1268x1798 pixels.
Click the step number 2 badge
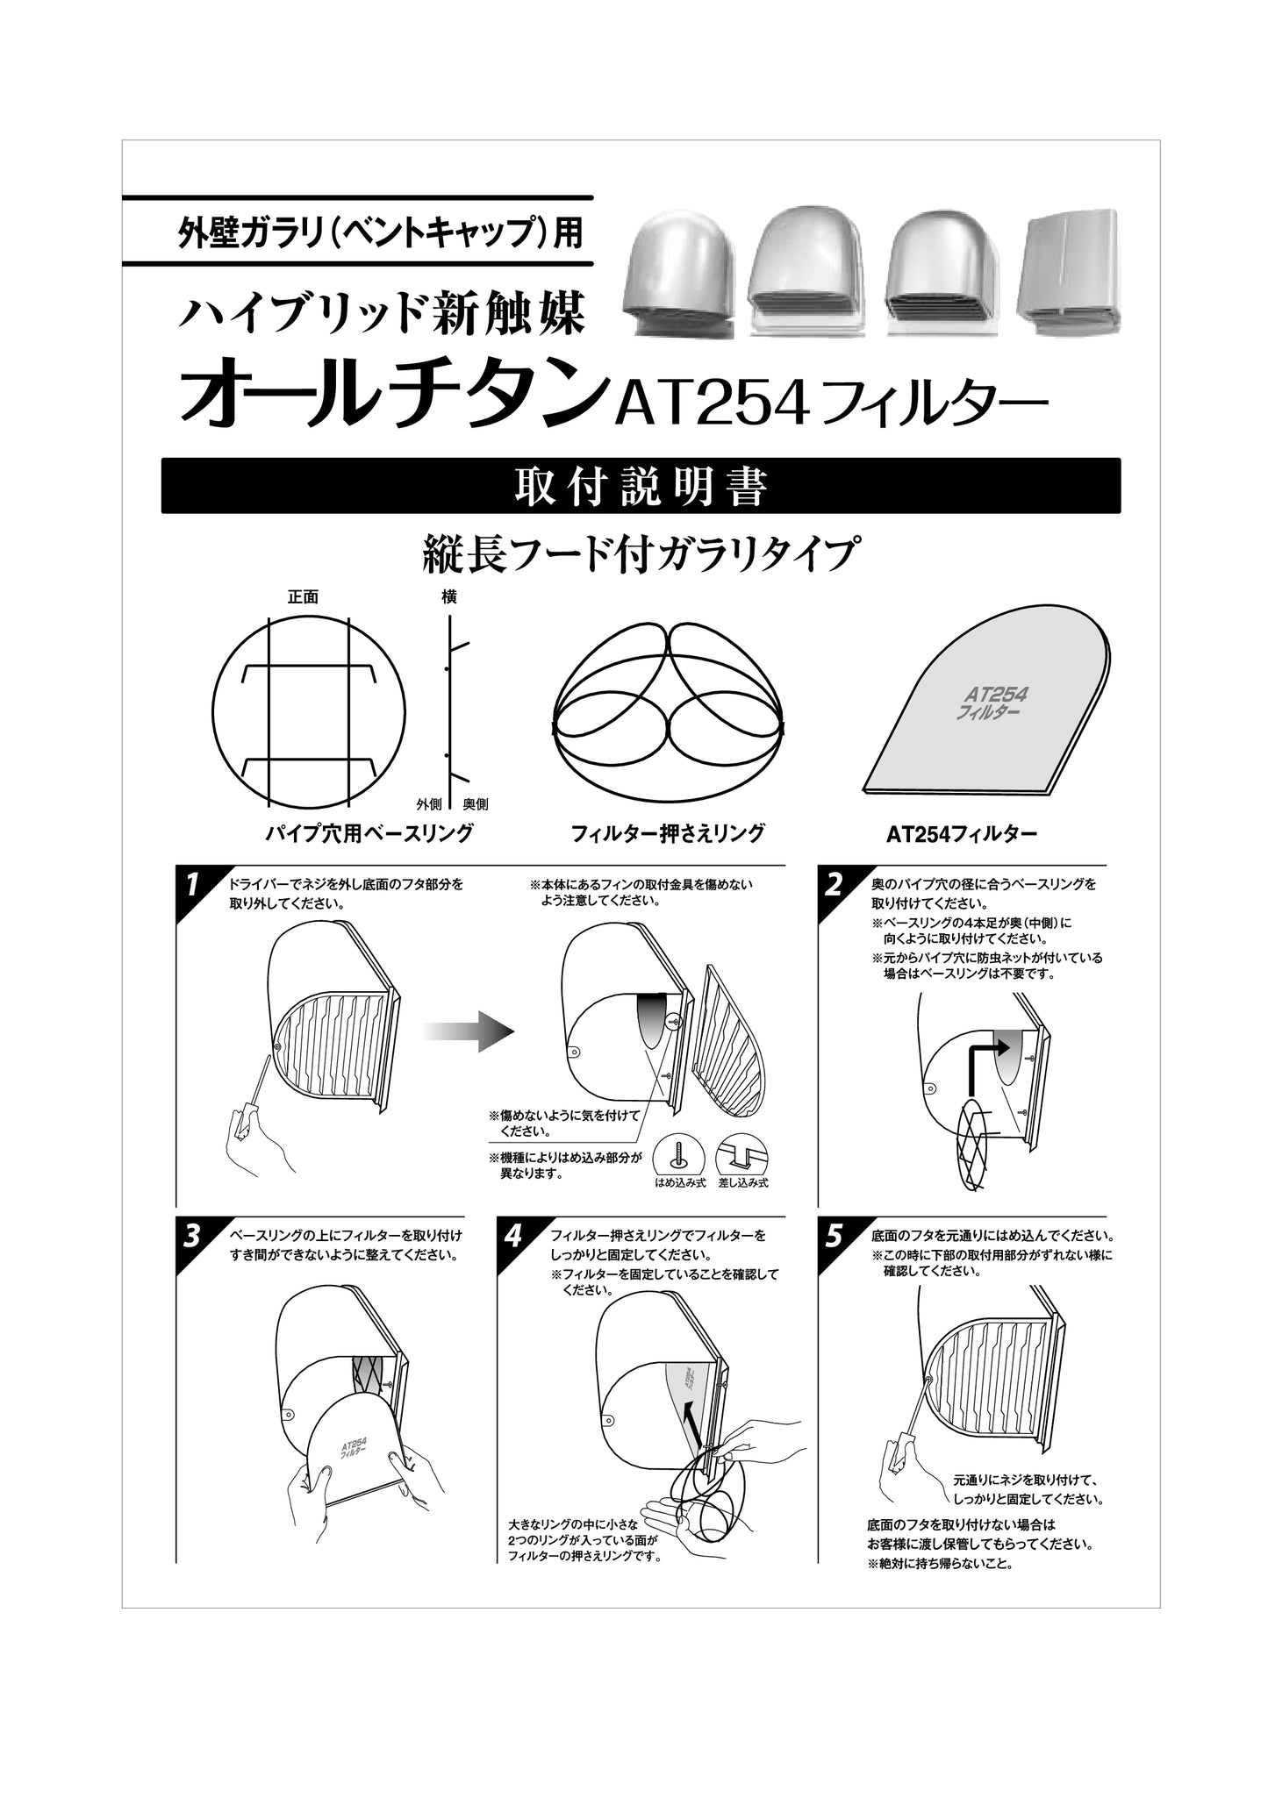click(833, 884)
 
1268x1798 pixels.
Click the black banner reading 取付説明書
click(641, 486)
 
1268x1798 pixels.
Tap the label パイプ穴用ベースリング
click(369, 833)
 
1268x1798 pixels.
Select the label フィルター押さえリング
click(667, 833)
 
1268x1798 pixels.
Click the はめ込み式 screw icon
click(679, 1157)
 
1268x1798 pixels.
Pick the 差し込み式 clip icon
click(742, 1157)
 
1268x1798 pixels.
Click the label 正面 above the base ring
click(302, 597)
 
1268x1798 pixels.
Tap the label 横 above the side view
click(449, 597)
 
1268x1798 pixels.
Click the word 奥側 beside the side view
click(475, 804)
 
